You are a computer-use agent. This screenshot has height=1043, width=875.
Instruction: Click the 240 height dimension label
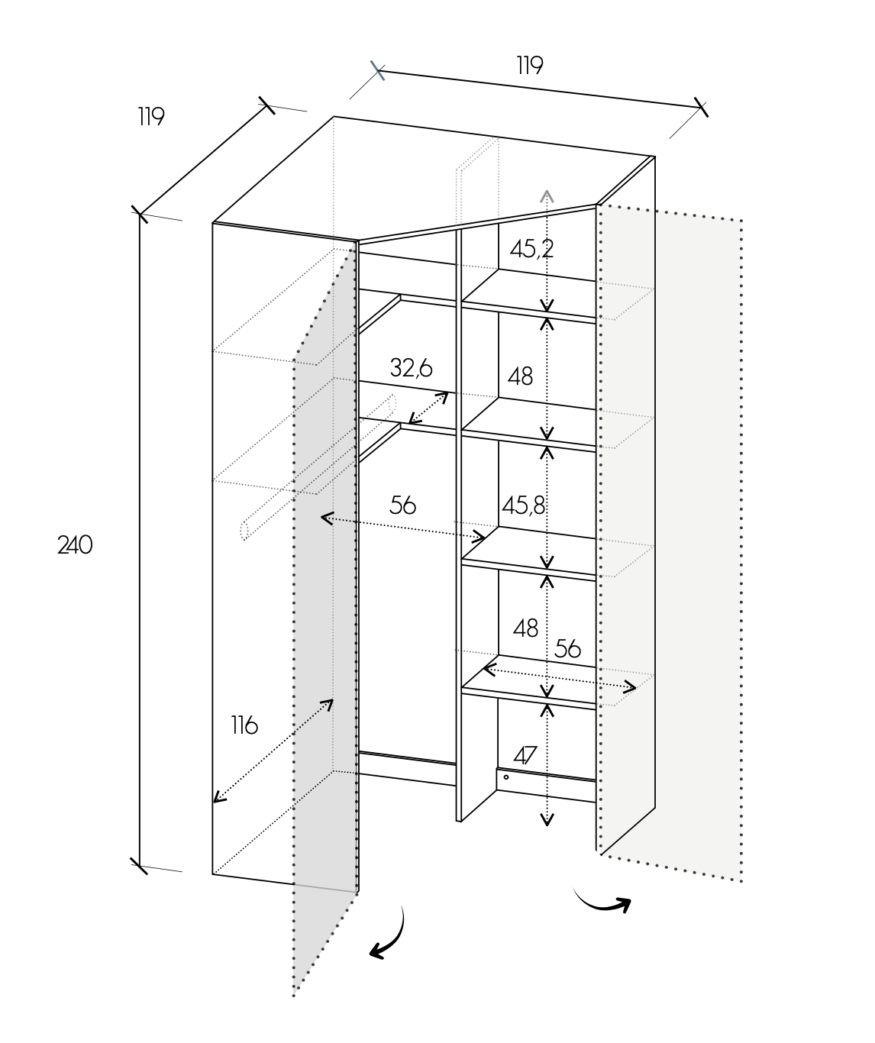click(x=75, y=545)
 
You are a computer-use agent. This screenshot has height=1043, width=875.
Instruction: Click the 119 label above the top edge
click(x=529, y=66)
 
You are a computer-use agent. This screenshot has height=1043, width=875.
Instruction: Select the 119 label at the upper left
click(x=151, y=116)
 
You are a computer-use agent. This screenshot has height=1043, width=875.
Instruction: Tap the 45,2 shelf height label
click(x=532, y=249)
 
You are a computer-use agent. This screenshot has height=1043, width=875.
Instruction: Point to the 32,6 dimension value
click(x=411, y=368)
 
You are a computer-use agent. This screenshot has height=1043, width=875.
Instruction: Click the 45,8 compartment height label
click(x=524, y=505)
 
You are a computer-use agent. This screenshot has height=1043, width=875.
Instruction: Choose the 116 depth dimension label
click(x=244, y=725)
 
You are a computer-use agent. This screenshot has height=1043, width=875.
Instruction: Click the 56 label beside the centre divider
click(x=402, y=505)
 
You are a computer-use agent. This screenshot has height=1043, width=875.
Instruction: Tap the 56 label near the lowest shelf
click(x=568, y=648)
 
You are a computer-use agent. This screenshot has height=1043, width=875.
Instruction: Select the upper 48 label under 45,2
click(x=521, y=376)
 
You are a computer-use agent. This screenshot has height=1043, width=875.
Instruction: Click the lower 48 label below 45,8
click(x=525, y=628)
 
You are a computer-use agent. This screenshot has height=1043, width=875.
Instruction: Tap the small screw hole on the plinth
click(x=506, y=777)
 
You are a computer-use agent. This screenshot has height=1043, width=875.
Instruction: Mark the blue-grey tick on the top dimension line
click(x=378, y=70)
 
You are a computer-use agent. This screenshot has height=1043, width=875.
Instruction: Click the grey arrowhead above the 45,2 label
click(x=547, y=195)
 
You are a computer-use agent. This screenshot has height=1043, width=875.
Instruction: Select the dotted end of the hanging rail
click(x=244, y=530)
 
